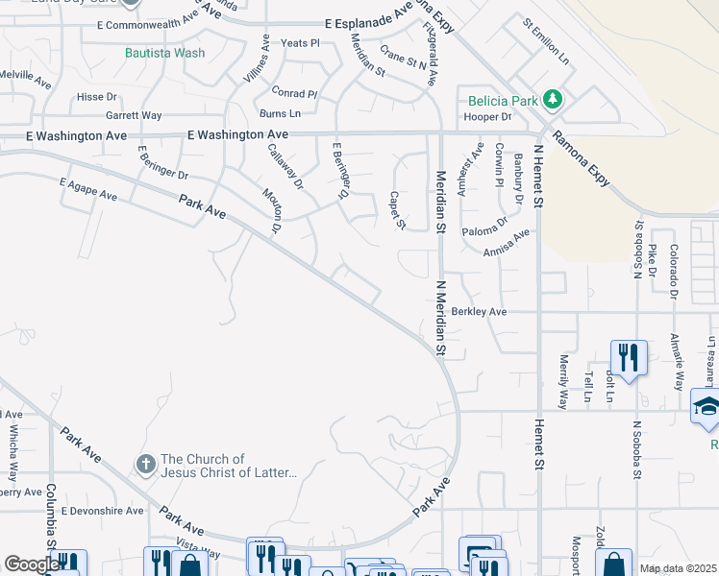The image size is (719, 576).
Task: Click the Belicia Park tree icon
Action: [552, 99]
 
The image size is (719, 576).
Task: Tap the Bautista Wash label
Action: [164, 53]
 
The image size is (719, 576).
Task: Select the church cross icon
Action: [145, 466]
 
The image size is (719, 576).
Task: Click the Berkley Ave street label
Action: [480, 312]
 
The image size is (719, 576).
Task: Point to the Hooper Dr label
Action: [486, 117]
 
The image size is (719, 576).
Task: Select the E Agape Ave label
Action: [87, 188]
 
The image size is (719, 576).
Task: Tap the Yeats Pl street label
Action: [300, 43]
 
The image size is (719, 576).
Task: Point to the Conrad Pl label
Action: [294, 94]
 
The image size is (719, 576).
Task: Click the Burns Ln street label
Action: [281, 113]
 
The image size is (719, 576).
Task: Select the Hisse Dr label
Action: [96, 97]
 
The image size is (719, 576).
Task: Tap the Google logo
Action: [32, 564]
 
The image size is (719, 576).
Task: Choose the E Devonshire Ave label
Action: [102, 511]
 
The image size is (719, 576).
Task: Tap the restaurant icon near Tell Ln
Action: [628, 357]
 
